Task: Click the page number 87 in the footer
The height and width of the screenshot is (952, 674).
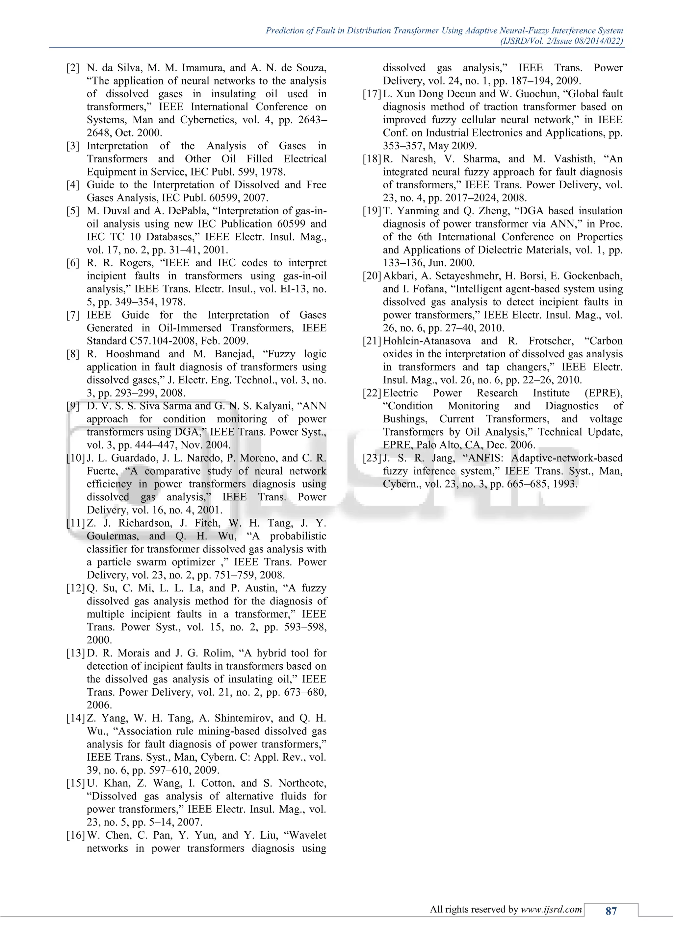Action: [x=611, y=911]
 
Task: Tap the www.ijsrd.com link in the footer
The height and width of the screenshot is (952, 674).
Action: [x=551, y=909]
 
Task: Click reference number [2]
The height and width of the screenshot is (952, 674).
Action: [x=73, y=68]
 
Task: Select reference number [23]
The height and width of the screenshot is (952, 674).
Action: [x=372, y=458]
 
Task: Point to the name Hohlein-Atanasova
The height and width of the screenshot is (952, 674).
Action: [x=427, y=341]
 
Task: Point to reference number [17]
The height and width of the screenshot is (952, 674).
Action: [x=372, y=94]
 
